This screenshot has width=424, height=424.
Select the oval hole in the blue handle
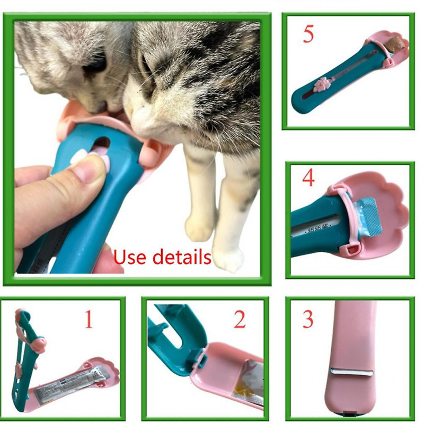[101, 143]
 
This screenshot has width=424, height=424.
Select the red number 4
[308, 179]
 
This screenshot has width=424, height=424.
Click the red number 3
[308, 320]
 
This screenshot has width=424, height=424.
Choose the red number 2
[240, 320]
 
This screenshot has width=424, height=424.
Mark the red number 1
[89, 320]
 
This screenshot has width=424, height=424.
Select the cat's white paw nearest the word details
[227, 260]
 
